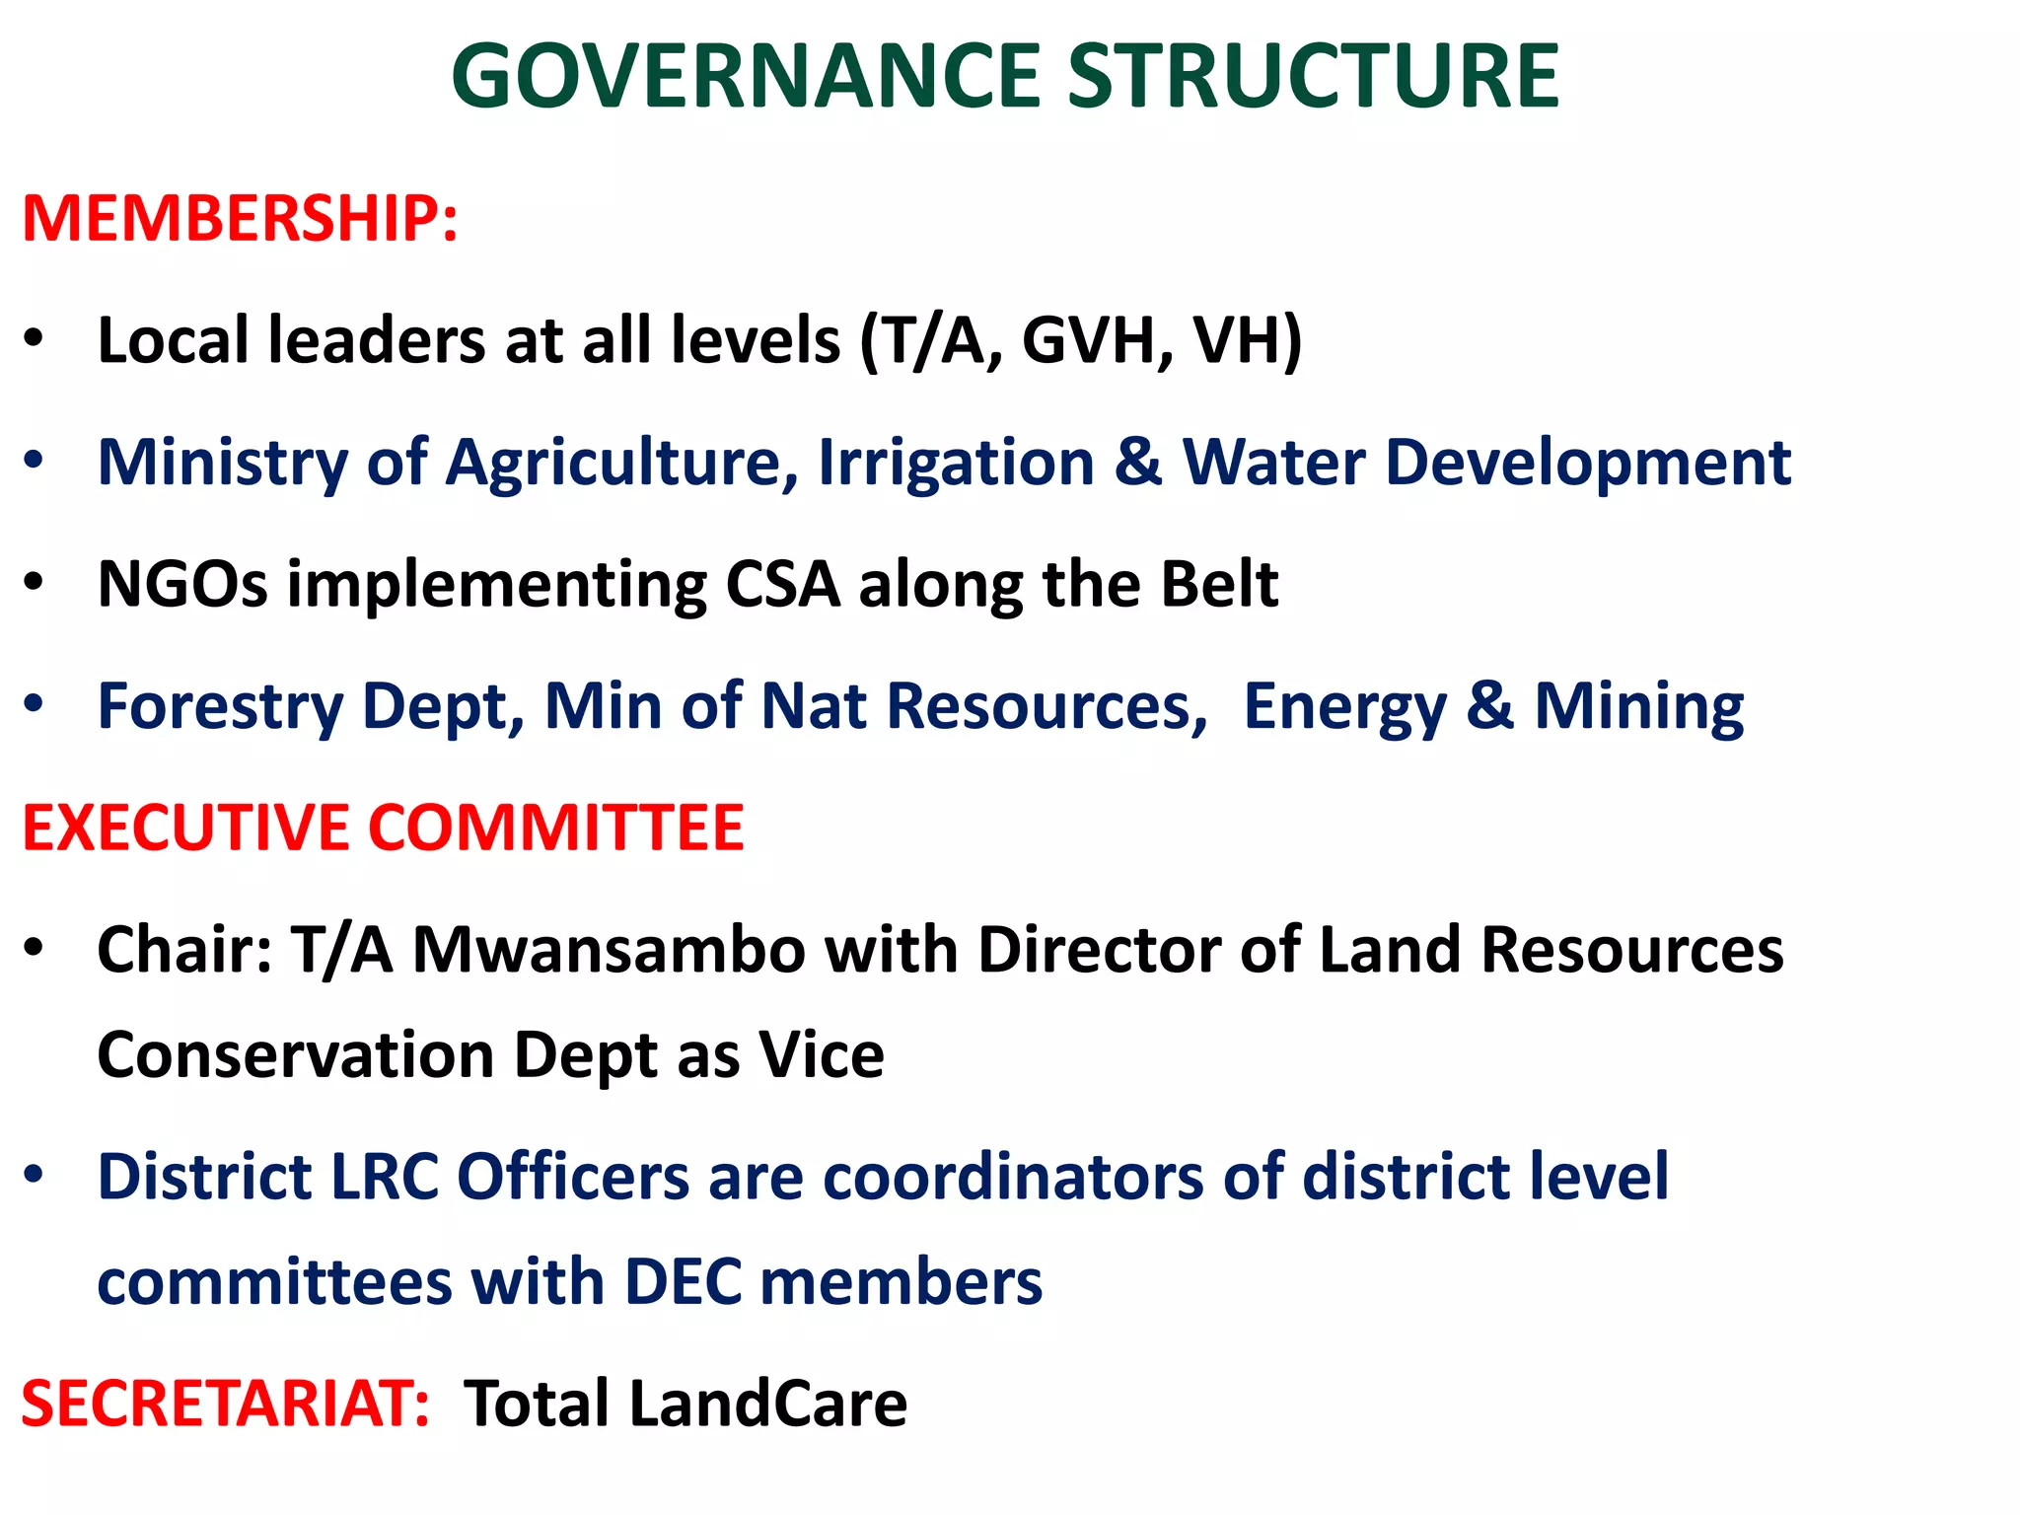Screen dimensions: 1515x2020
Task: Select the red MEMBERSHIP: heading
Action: [240, 218]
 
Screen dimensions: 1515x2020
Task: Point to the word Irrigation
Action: [956, 463]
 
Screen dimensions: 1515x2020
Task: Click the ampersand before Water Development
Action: [1138, 463]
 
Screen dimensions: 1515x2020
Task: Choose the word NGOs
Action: [182, 584]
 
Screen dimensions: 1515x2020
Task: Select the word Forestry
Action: [220, 707]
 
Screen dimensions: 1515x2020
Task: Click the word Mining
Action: [1639, 707]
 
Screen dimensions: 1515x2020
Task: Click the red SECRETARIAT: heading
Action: [226, 1404]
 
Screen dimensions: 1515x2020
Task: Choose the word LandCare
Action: [768, 1404]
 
